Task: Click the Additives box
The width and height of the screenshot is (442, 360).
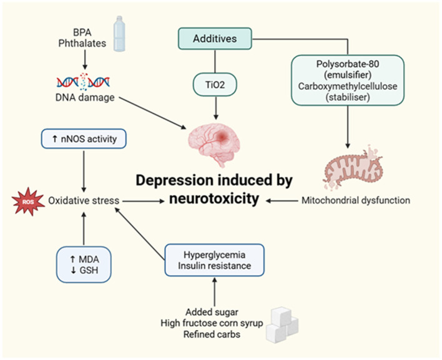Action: pyautogui.click(x=215, y=39)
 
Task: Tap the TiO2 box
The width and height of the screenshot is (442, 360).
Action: pyautogui.click(x=215, y=84)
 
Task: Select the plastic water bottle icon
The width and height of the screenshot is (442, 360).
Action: pyautogui.click(x=119, y=34)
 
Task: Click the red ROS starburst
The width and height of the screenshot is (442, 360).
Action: pyautogui.click(x=28, y=202)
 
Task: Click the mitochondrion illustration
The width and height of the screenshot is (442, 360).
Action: pyautogui.click(x=353, y=168)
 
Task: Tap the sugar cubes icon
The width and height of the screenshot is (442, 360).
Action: pyautogui.click(x=282, y=325)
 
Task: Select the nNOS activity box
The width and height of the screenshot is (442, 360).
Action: pyautogui.click(x=84, y=139)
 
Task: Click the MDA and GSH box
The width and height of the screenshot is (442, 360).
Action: pyautogui.click(x=84, y=265)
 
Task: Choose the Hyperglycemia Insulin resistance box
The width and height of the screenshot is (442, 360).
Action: pyautogui.click(x=215, y=260)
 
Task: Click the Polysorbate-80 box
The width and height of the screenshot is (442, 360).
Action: pyautogui.click(x=348, y=80)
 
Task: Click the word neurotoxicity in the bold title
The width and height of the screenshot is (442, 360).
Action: pyautogui.click(x=214, y=199)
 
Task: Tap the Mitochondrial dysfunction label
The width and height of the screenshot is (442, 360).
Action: pyautogui.click(x=356, y=200)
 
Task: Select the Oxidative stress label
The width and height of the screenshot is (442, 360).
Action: pyautogui.click(x=84, y=200)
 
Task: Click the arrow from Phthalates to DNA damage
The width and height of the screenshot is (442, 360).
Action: pyautogui.click(x=85, y=60)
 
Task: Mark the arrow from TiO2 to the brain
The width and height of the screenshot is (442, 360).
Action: pyautogui.click(x=216, y=108)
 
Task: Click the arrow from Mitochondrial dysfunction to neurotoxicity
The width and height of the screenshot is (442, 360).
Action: pyautogui.click(x=282, y=201)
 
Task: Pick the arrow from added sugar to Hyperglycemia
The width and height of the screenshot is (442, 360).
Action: pyautogui.click(x=215, y=291)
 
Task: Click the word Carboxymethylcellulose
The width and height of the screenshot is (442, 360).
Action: pyautogui.click(x=348, y=86)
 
